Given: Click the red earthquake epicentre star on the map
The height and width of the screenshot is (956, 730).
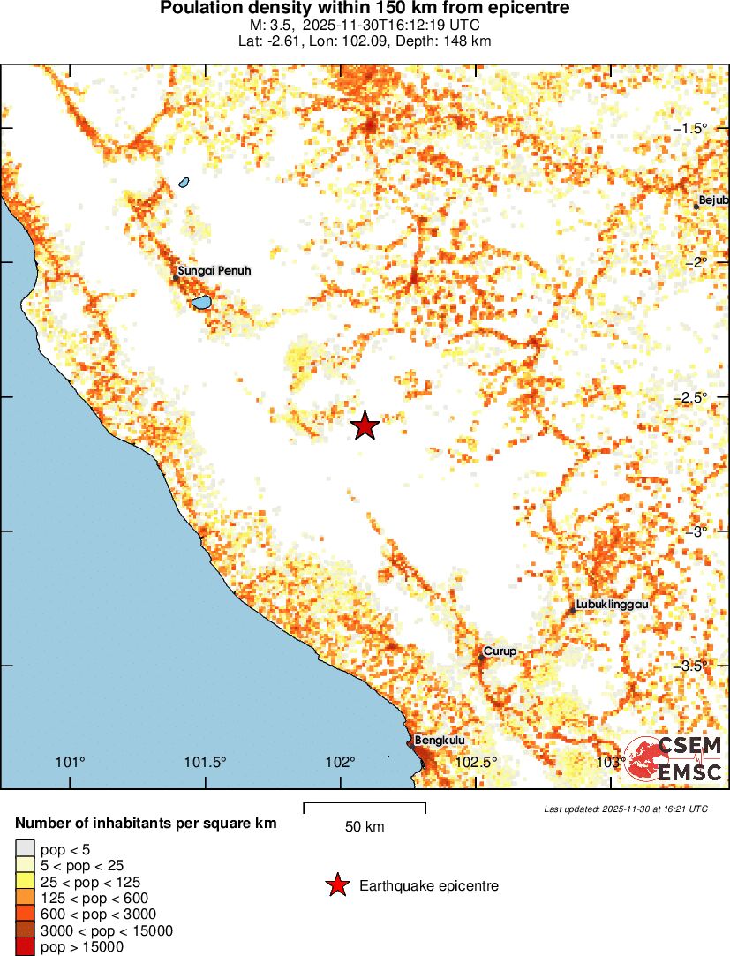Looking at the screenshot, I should pyautogui.click(x=365, y=425).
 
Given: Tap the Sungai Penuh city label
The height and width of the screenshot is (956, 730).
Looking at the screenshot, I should pyautogui.click(x=214, y=271).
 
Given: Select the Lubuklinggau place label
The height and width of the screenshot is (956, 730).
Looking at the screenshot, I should pyautogui.click(x=612, y=605).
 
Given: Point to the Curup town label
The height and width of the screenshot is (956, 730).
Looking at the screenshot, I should pyautogui.click(x=500, y=651).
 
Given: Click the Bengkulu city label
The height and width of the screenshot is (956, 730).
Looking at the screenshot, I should pyautogui.click(x=440, y=741).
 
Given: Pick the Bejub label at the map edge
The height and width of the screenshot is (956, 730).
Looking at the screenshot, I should pyautogui.click(x=712, y=200).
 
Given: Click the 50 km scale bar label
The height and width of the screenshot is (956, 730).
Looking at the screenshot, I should pyautogui.click(x=365, y=827).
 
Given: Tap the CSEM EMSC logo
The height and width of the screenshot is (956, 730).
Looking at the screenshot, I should pyautogui.click(x=674, y=758).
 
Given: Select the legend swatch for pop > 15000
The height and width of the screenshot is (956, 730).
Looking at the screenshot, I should pyautogui.click(x=25, y=947).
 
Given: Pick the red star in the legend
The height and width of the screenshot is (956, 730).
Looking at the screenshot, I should pyautogui.click(x=336, y=885).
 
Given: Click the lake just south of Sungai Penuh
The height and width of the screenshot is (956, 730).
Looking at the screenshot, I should pyautogui.click(x=202, y=303).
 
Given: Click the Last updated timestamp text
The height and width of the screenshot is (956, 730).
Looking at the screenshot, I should pyautogui.click(x=625, y=809).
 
